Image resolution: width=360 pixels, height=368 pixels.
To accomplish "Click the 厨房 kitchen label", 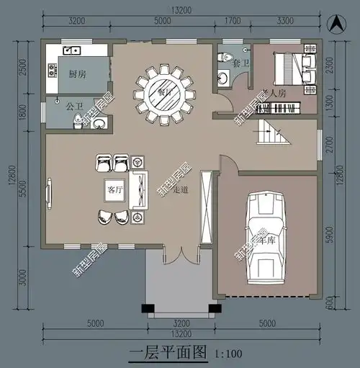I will [x=78, y=75].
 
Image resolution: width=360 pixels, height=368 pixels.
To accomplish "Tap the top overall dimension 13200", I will [x=181, y=9].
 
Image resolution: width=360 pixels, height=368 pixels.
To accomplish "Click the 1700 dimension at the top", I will [x=232, y=20].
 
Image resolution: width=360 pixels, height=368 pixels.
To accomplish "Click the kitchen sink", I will [x=71, y=50].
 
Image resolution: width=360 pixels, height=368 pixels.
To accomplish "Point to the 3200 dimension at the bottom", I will [x=181, y=324].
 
